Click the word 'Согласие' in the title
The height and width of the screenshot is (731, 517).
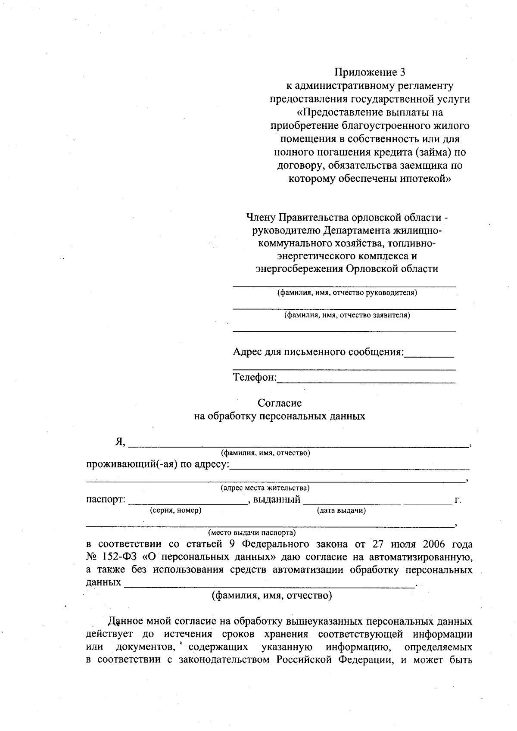tap(279, 403)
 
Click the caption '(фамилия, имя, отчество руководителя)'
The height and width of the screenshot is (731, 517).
tap(347, 293)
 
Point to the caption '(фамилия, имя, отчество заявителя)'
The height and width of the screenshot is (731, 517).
tap(347, 315)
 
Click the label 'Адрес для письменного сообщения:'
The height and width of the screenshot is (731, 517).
tap(318, 352)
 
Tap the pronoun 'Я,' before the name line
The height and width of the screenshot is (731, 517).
tap(120, 442)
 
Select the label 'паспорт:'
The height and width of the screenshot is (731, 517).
tap(106, 500)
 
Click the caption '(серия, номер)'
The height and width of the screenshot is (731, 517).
tap(175, 510)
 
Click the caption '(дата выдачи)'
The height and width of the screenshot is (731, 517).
tap(341, 510)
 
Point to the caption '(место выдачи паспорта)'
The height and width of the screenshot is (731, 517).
tap(252, 532)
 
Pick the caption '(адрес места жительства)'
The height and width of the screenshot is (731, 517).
tap(265, 488)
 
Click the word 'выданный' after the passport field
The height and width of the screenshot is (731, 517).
tap(277, 500)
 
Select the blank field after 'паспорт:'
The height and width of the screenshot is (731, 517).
tap(187, 501)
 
